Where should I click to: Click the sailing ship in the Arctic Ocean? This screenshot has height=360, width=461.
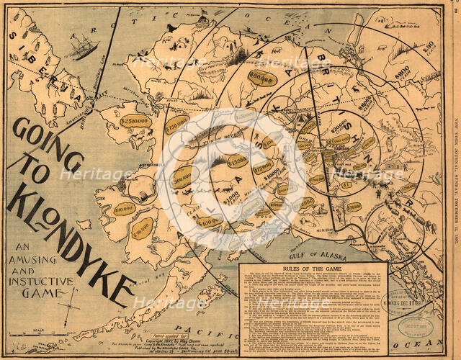click(x=84, y=48)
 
